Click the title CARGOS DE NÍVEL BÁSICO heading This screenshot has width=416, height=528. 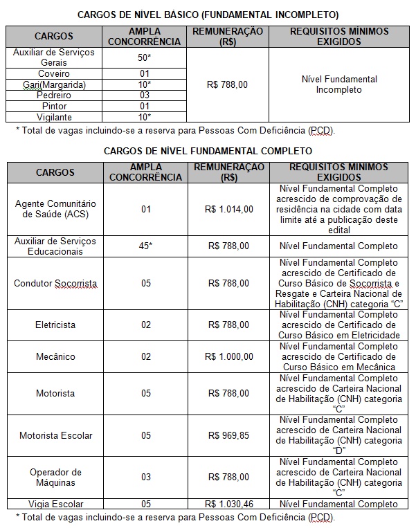(x=208, y=14)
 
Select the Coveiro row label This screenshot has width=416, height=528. (x=55, y=73)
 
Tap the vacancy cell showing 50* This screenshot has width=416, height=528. (x=145, y=57)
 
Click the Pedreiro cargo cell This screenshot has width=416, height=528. (x=55, y=95)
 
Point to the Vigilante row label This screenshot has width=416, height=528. (x=55, y=117)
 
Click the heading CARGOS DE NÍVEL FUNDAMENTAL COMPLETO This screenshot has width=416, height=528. (x=208, y=150)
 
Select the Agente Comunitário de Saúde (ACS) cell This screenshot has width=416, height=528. (x=55, y=209)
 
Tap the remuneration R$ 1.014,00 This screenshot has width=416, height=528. (x=228, y=209)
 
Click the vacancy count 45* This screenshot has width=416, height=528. (x=145, y=246)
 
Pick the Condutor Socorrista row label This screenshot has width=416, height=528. (x=55, y=284)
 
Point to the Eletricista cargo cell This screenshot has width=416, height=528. (x=55, y=325)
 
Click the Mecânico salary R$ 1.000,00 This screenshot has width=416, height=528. (x=228, y=356)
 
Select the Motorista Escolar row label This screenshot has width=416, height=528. (x=55, y=435)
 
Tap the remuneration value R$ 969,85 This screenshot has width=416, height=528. (x=228, y=435)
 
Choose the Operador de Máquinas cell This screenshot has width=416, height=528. (x=55, y=477)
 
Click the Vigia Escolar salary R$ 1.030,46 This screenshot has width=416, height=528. (x=228, y=504)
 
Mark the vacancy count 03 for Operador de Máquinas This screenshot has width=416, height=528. (x=145, y=477)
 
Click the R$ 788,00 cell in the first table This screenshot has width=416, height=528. (x=228, y=84)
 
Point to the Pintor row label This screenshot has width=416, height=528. (x=55, y=106)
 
